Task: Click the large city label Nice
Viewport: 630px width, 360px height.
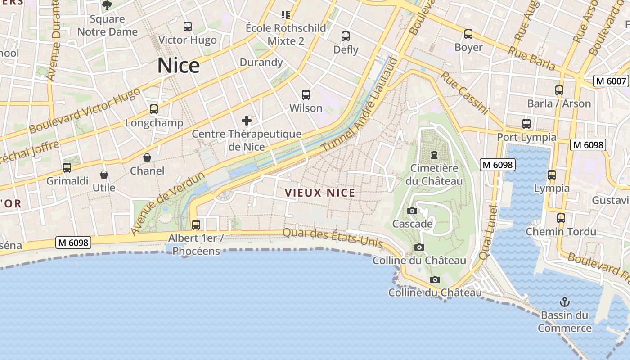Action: (179, 66)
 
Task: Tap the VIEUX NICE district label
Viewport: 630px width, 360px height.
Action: (320, 193)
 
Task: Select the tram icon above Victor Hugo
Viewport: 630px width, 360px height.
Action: (188, 27)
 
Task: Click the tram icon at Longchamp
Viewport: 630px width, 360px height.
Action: (154, 109)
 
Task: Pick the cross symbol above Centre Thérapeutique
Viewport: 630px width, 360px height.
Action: (247, 120)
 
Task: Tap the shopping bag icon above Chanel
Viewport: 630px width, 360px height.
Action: (147, 157)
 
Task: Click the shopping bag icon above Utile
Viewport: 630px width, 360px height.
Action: (104, 174)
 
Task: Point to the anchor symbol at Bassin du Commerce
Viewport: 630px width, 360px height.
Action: (564, 301)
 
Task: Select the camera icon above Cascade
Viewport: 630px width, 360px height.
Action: (412, 211)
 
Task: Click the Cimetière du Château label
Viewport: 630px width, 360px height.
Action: (434, 175)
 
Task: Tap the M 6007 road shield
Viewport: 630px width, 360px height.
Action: (611, 81)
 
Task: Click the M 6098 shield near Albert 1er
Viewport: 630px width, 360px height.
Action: (74, 243)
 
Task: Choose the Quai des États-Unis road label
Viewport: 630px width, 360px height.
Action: (333, 238)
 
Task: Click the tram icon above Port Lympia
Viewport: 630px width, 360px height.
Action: (526, 123)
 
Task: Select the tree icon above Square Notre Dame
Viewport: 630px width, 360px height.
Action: (107, 5)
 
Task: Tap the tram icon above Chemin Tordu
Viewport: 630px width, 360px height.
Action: (561, 218)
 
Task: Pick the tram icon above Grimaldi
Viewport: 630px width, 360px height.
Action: (67, 168)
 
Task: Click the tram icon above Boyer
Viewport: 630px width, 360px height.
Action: (468, 34)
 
